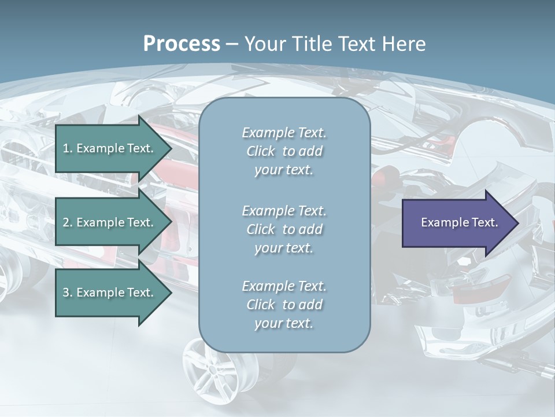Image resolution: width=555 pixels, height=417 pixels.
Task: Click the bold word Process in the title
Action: click(182, 44)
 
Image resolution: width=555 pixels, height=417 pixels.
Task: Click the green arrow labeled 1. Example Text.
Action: click(110, 148)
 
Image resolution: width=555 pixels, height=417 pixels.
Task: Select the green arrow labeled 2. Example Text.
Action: click(110, 222)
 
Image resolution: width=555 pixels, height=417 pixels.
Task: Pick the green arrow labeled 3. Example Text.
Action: click(110, 292)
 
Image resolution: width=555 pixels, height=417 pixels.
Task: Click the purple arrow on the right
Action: click(457, 222)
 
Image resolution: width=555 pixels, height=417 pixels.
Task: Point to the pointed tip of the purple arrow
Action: click(517, 223)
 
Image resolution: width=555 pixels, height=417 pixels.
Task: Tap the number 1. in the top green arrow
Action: click(68, 148)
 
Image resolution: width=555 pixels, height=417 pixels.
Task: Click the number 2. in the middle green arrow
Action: click(68, 222)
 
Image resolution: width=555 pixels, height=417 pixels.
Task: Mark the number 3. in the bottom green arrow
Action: click(68, 292)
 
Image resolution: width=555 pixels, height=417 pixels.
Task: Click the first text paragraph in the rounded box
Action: click(284, 151)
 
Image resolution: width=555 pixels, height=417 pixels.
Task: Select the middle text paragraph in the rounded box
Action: click(284, 229)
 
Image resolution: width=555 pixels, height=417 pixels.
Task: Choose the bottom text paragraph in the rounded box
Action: click(284, 304)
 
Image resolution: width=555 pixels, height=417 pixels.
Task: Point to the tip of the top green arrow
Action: click(171, 149)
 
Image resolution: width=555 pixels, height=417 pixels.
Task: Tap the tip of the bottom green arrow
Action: click(171, 292)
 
